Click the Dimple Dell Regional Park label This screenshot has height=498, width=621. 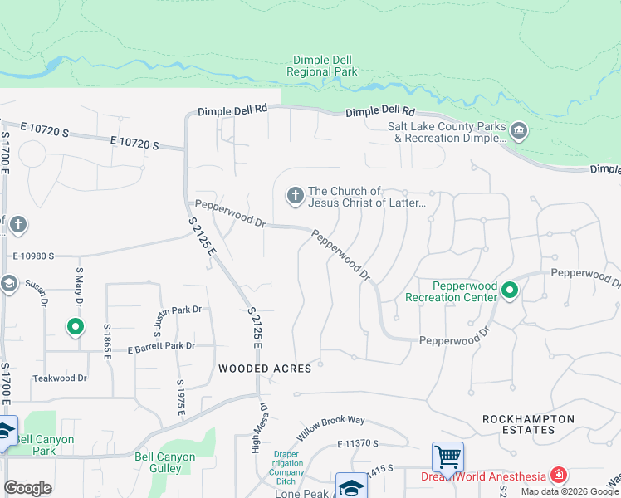[321, 66]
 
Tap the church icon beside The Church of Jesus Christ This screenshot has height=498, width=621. [295, 196]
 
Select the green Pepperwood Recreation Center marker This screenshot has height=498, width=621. [511, 290]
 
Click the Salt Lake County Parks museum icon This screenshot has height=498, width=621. [519, 131]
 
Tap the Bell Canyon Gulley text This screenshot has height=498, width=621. [164, 462]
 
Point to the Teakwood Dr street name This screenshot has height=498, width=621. [60, 378]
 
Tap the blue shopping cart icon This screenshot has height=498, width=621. [447, 456]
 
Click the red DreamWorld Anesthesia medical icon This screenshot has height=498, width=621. [560, 476]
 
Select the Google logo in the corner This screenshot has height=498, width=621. [27, 488]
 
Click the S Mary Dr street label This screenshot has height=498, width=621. [81, 281]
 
